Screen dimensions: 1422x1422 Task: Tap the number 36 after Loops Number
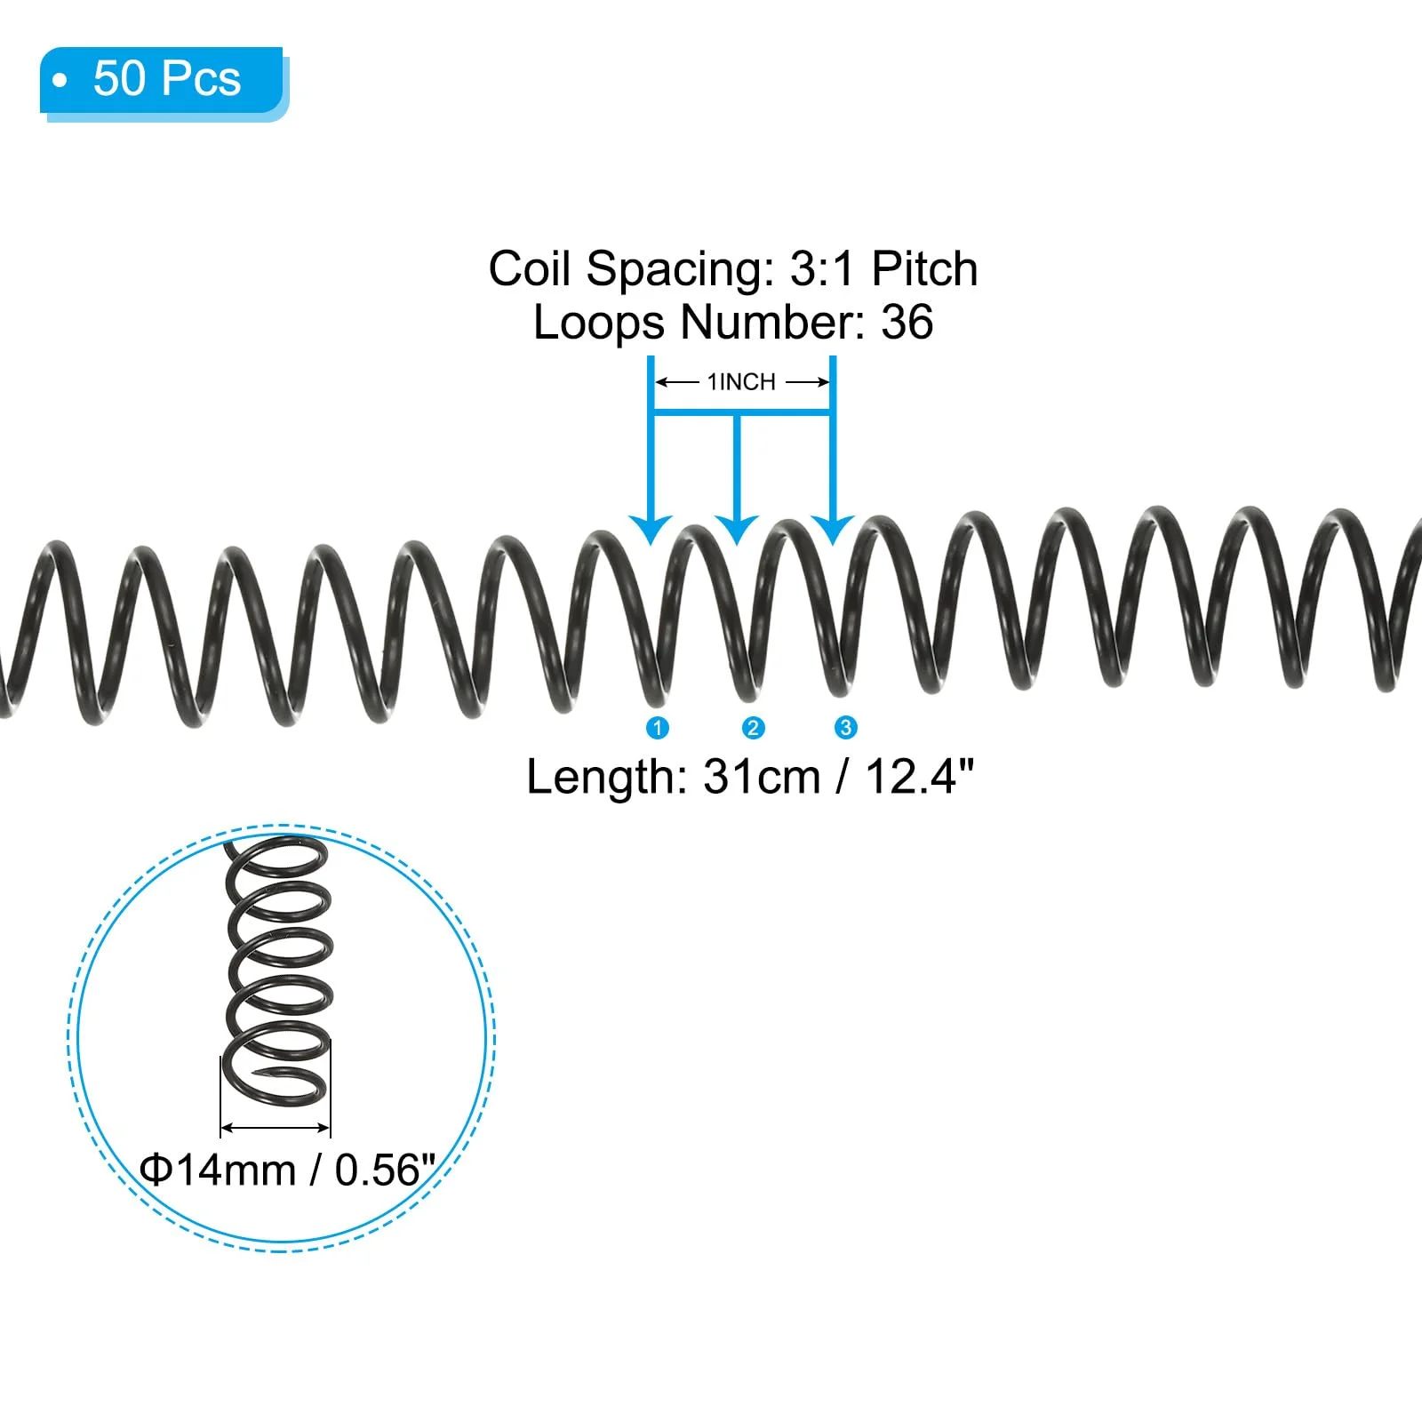(907, 322)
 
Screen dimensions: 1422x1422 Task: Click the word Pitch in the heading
(924, 268)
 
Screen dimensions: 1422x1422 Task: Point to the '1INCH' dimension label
(741, 382)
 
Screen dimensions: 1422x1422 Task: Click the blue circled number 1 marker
(658, 728)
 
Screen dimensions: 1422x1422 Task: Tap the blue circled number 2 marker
(753, 728)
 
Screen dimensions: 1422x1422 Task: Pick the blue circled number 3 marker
(845, 728)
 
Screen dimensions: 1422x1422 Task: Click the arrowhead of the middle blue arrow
(737, 530)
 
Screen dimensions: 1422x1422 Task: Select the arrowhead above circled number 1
(651, 530)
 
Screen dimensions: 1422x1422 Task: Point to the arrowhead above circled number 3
(833, 530)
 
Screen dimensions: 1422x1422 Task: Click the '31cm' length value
(762, 777)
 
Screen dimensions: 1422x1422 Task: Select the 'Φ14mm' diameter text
(218, 1170)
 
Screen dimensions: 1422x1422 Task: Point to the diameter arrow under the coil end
(276, 1128)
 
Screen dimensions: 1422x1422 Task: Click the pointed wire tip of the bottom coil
(255, 1078)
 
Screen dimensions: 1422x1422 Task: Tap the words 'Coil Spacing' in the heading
(632, 268)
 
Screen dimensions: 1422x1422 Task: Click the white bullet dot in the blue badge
(60, 81)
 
